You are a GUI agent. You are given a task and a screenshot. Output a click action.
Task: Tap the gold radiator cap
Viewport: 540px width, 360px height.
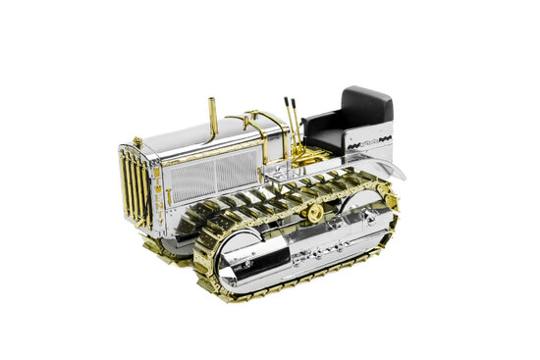coord(137,142)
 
